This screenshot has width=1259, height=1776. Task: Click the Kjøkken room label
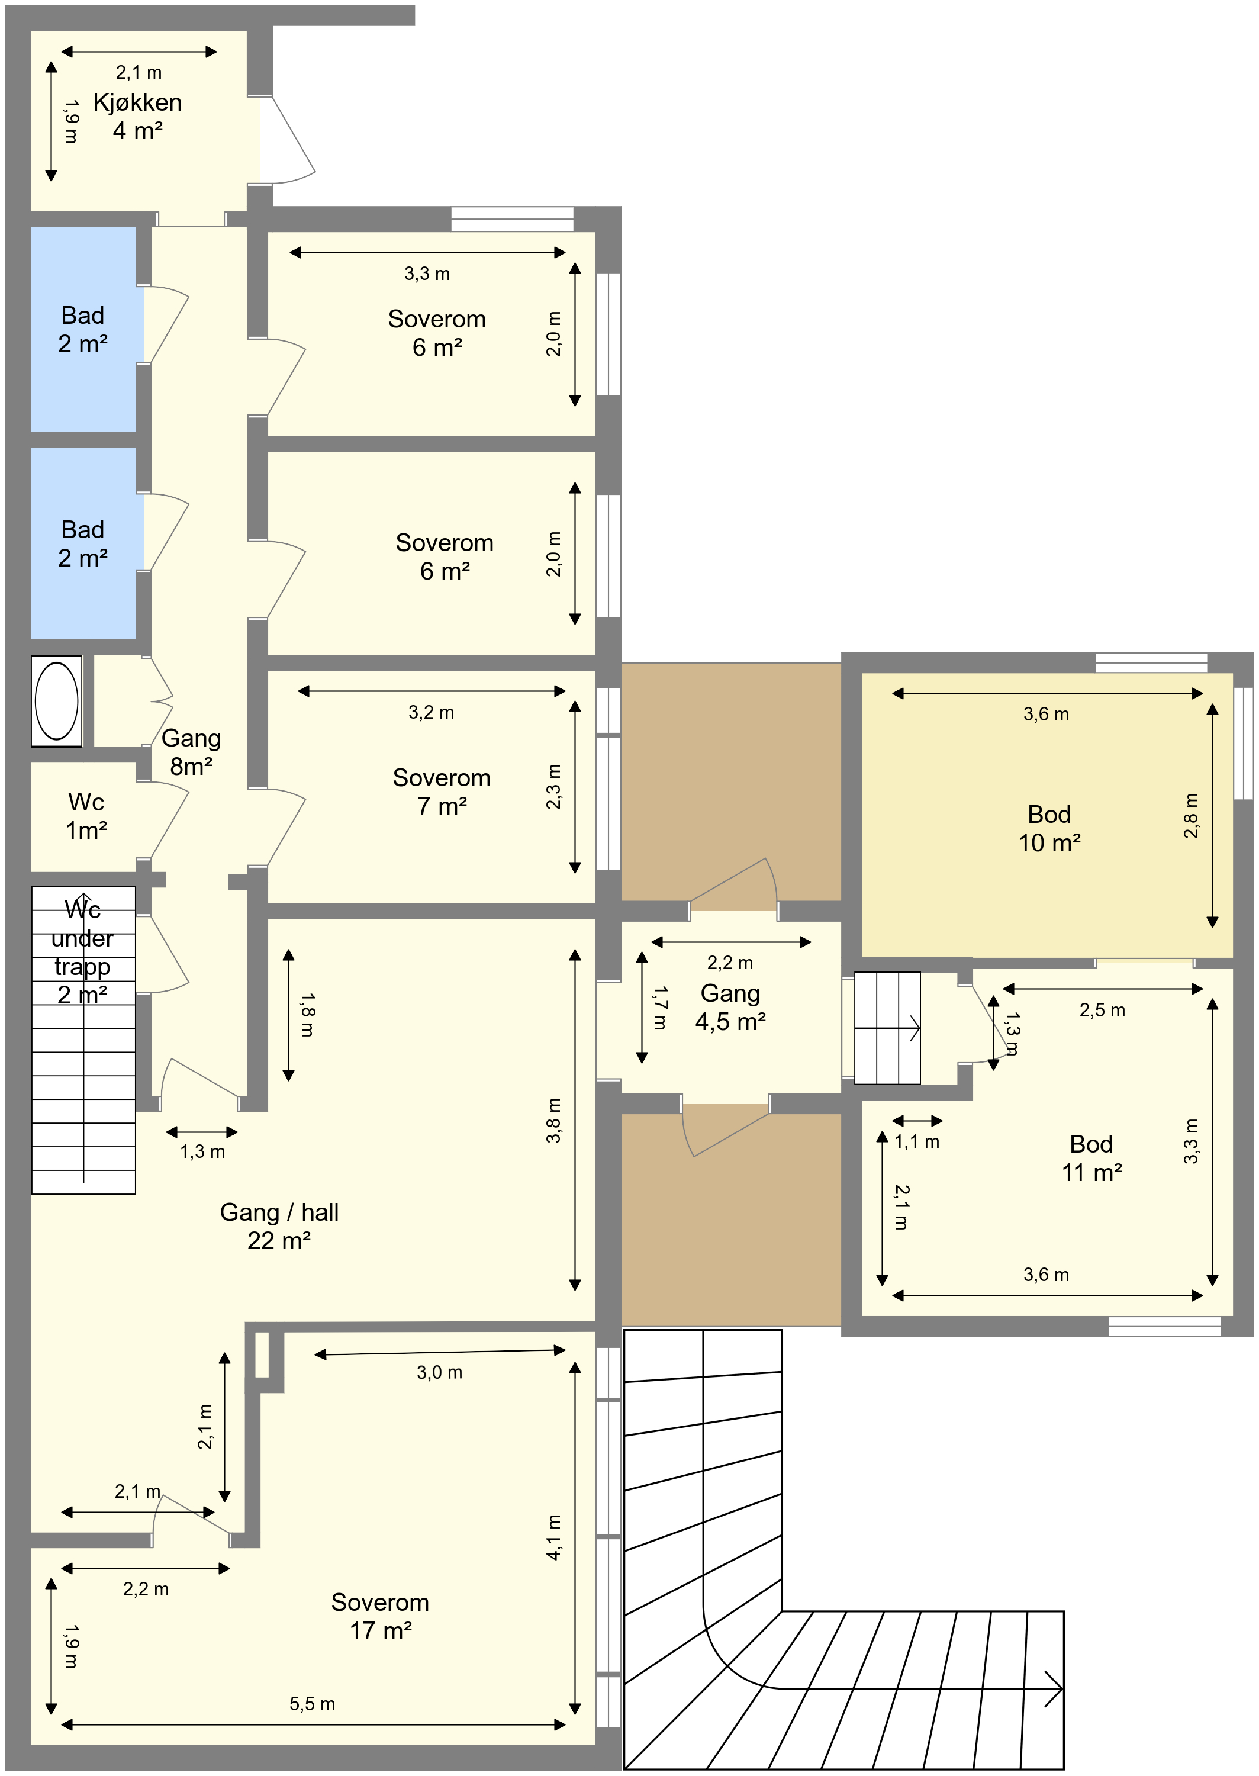137,116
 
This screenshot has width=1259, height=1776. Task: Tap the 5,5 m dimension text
313,1703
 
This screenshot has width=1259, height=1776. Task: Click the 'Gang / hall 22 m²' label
279,1225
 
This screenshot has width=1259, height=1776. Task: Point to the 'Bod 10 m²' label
1049,828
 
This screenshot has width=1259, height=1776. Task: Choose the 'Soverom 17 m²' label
380,1616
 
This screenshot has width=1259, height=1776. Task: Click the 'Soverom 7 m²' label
442,792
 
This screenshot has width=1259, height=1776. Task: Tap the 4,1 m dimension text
553,1537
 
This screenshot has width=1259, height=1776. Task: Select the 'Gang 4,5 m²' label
730,1007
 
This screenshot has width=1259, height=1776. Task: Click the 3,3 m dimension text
427,274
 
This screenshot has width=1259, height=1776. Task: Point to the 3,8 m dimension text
553,1120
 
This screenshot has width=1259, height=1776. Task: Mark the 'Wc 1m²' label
86,816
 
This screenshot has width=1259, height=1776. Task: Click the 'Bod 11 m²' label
1091,1157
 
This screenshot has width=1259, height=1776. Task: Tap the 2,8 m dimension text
1192,816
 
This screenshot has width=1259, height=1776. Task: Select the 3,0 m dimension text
440,1372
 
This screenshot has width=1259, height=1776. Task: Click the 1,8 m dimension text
307,1015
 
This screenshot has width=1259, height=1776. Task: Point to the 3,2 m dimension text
431,712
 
